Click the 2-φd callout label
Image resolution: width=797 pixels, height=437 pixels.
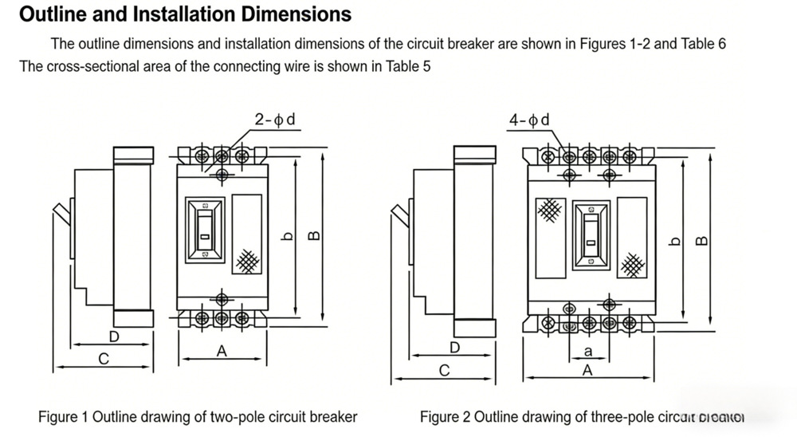[275, 120]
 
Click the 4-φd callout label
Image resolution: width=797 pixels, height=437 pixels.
[529, 120]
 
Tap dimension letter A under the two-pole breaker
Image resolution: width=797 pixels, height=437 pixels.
[222, 350]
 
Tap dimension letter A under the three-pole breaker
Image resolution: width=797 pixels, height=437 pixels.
[587, 370]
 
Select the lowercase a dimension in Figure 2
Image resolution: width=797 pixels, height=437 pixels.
[588, 350]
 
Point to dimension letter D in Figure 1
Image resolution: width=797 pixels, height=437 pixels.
[114, 337]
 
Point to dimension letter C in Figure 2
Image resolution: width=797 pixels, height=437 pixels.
[445, 370]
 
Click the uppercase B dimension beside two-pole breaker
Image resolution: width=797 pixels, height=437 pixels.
[314, 235]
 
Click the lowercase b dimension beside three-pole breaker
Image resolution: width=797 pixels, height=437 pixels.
[676, 241]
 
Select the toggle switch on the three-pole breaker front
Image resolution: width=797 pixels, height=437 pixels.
[591, 234]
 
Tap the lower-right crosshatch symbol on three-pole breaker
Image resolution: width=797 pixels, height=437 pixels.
[633, 263]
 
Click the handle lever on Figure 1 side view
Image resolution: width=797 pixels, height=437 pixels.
[61, 214]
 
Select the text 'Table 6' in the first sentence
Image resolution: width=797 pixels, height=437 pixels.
[703, 44]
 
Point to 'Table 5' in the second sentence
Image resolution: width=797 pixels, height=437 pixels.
[408, 66]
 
